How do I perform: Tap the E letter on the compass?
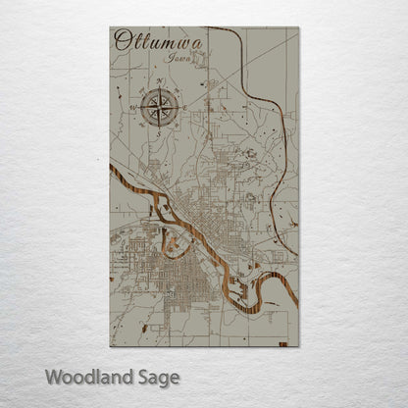click(183, 110)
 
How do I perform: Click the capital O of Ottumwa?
click(122, 40)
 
